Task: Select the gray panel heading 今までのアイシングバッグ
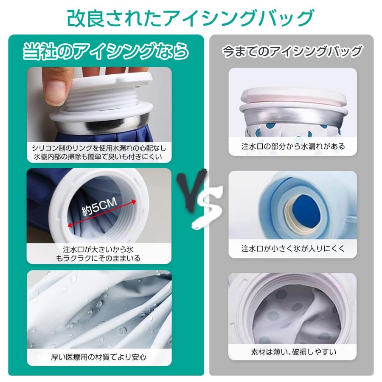tap(292, 51)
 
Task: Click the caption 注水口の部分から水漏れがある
tap(293, 146)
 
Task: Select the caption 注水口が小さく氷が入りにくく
tap(293, 249)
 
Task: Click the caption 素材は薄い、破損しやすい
tap(293, 352)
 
